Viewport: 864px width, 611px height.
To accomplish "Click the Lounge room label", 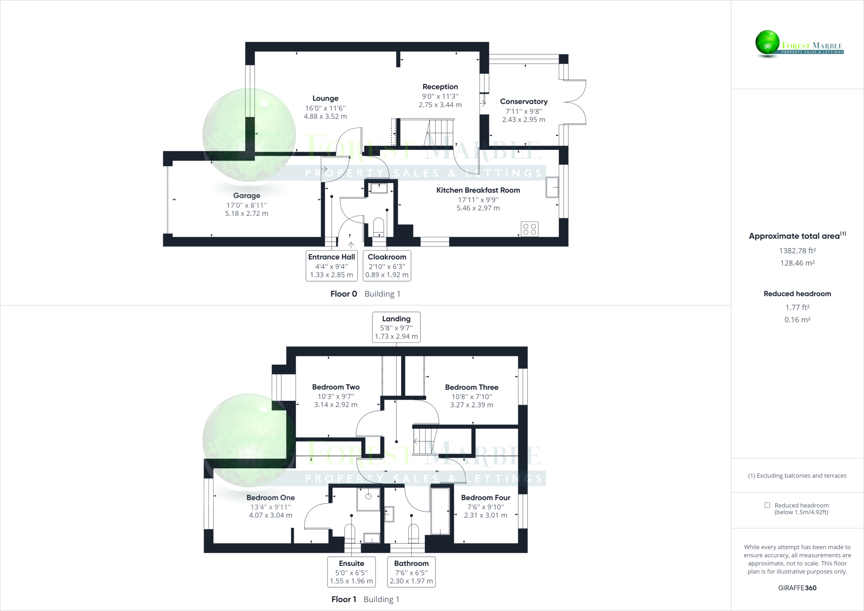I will coord(325,98).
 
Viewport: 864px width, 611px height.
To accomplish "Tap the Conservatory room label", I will coord(524,102).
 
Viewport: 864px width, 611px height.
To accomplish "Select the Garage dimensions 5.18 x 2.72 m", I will coord(246,214).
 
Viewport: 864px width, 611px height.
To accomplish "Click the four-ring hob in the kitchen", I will coord(529,229).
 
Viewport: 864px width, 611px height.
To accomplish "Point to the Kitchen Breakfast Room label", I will coord(478,190).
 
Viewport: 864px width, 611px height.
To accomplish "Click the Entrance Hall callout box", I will coord(332,265).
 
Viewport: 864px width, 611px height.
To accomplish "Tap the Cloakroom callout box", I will coord(387,265).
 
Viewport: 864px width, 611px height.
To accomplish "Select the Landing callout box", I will coord(396,327).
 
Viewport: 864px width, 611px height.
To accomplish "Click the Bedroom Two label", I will coord(336,387).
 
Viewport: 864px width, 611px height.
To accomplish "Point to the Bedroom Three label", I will coord(472,387).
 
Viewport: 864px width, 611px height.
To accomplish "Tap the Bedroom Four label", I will coord(486,498).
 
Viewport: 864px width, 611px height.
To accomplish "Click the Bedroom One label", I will coord(270,498).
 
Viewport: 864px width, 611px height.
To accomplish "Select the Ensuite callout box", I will coord(351,572).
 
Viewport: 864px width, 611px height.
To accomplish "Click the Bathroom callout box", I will coord(411,572).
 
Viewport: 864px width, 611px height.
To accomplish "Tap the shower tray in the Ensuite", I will coord(368,499).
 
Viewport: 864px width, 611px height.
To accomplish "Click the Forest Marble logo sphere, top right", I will coord(767,43).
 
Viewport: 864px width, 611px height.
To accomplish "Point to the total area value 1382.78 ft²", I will coord(797,251).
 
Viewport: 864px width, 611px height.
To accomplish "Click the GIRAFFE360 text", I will coord(797,588).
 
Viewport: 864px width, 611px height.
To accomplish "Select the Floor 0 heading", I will coord(343,294).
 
